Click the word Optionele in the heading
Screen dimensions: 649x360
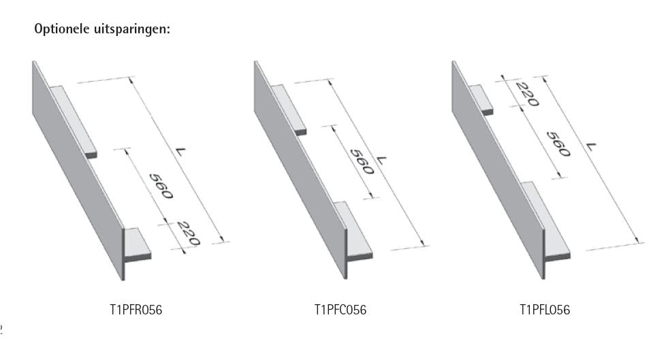coord(61,29)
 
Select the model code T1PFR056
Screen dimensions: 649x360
coord(136,310)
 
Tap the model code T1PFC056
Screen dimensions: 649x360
coord(341,310)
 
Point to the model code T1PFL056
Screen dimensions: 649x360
coord(545,310)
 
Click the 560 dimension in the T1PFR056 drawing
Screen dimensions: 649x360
coord(161,186)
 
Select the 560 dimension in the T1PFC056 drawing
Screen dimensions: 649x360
coord(362,162)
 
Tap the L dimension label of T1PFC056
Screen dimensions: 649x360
coord(381,160)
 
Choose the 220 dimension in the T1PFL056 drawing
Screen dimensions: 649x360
coord(528,95)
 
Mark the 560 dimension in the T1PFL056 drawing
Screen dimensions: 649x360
coord(558,144)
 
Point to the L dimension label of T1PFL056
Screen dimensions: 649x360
coord(592,146)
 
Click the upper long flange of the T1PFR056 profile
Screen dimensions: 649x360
coord(74,121)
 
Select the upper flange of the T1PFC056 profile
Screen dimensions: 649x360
coord(289,110)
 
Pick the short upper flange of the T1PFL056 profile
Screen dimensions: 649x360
coord(481,99)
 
